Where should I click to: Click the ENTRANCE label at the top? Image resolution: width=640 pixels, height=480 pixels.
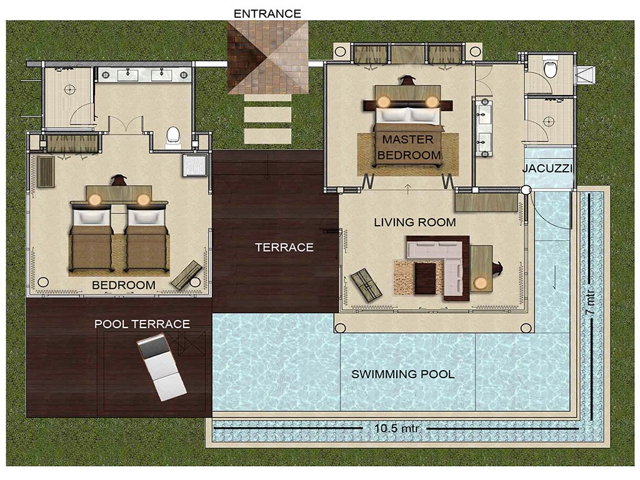coord(267,14)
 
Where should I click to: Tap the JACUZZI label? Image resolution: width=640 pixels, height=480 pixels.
coord(547,168)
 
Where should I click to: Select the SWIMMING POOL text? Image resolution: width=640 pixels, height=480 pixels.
coord(403,374)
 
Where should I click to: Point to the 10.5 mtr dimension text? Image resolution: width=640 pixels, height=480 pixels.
coord(394,429)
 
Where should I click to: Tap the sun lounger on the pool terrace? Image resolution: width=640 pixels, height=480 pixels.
coord(161,367)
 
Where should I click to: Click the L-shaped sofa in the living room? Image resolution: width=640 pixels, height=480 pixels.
coord(439,266)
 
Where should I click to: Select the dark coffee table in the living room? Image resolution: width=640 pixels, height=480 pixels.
coord(426,278)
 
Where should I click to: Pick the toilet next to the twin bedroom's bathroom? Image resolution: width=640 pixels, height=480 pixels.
coord(174,137)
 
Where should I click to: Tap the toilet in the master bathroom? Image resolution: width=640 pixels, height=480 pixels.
coord(551,67)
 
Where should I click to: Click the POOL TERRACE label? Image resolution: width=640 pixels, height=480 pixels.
coord(142,324)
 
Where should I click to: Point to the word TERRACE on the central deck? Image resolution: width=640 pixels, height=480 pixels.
coord(284,247)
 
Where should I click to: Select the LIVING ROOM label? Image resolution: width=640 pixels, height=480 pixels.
coord(415,222)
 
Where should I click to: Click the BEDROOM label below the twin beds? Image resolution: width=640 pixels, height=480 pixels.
coord(124,285)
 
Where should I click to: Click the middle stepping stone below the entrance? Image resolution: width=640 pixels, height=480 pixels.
coord(267,115)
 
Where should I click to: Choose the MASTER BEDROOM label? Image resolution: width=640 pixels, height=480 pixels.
coord(409,147)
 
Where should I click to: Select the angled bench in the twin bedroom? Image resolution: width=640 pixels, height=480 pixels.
coord(186,275)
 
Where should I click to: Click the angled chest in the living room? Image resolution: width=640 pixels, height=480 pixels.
coord(366,284)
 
